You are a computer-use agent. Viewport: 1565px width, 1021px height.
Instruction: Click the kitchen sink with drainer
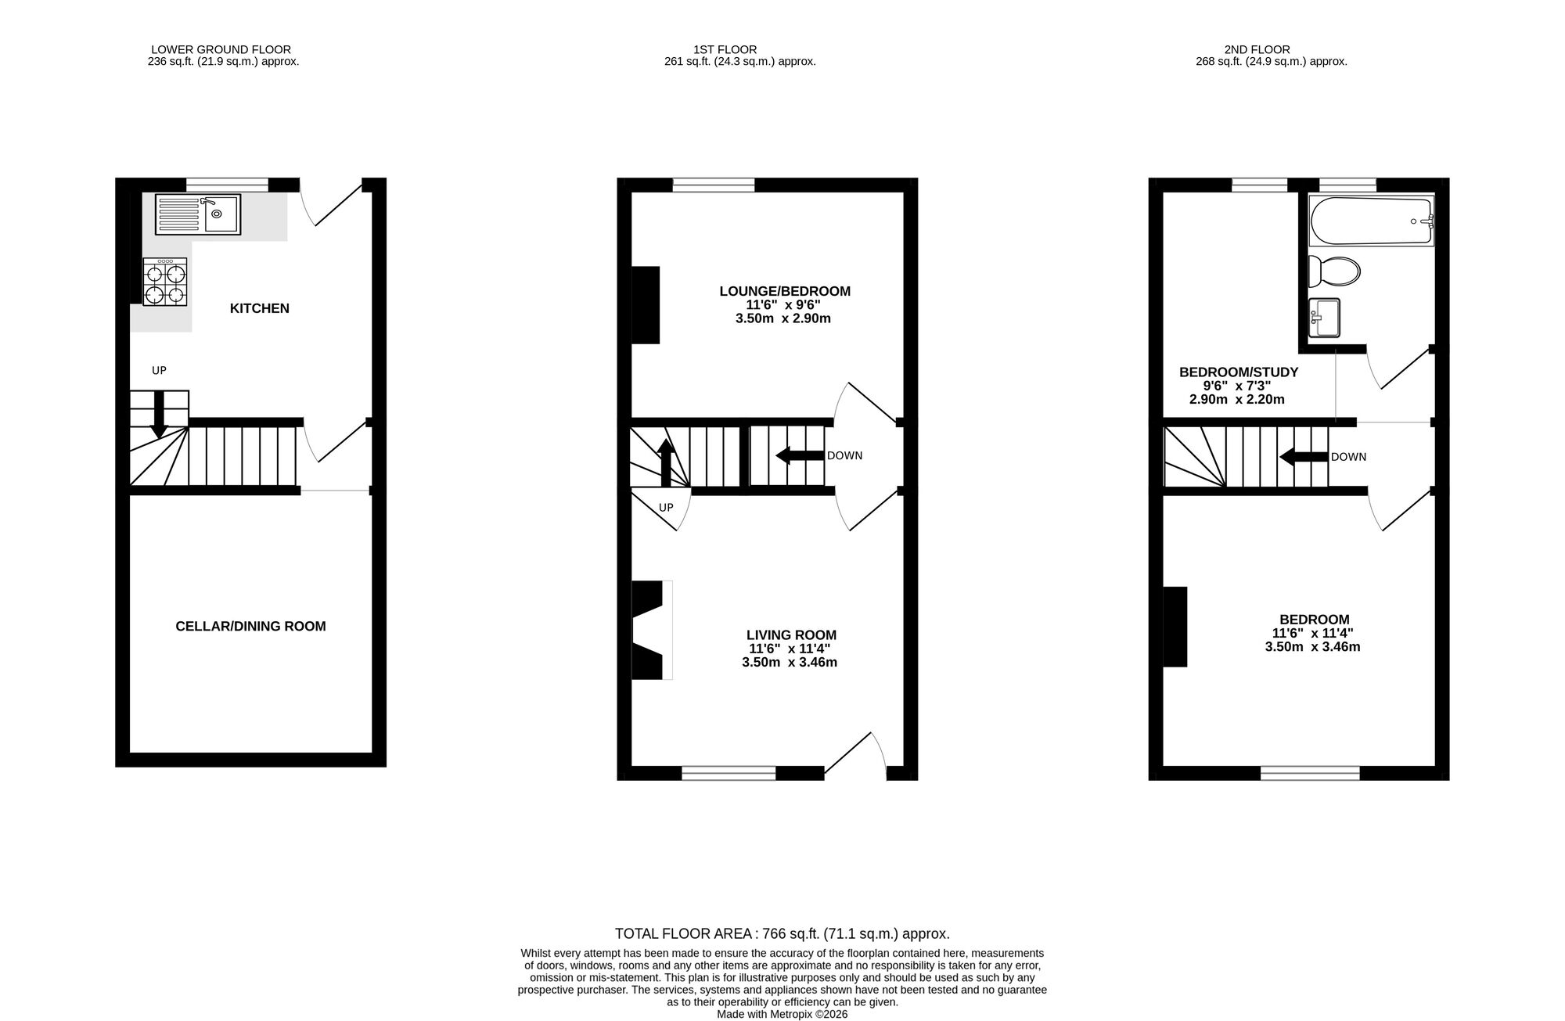(x=198, y=214)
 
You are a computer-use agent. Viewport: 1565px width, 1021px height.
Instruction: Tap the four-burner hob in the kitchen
(x=165, y=282)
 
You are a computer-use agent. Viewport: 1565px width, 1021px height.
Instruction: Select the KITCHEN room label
(x=259, y=308)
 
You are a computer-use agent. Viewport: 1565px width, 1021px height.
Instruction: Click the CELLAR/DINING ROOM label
(x=250, y=626)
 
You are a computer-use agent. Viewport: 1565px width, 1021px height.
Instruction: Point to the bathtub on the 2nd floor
(x=1371, y=221)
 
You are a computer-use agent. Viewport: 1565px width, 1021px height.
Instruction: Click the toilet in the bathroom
(x=1334, y=271)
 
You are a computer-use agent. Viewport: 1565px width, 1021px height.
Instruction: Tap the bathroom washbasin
(x=1324, y=318)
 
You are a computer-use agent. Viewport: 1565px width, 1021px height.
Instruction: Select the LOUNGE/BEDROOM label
(x=784, y=292)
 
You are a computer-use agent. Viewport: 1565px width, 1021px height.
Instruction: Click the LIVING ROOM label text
(x=791, y=635)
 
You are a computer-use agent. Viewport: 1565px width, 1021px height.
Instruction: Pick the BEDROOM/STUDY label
(x=1238, y=372)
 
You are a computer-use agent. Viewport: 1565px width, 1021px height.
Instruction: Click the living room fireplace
(x=650, y=630)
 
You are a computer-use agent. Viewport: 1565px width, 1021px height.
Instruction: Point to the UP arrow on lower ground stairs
(x=159, y=413)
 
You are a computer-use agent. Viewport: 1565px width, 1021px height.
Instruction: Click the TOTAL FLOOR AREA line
(x=782, y=933)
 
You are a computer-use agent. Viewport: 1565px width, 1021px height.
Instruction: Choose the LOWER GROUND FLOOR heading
(x=221, y=49)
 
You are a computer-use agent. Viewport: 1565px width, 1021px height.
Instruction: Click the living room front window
(x=729, y=773)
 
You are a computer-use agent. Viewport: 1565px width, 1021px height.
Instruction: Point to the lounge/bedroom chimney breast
(x=646, y=305)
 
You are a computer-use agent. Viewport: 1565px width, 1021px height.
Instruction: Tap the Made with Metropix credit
(x=782, y=1014)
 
